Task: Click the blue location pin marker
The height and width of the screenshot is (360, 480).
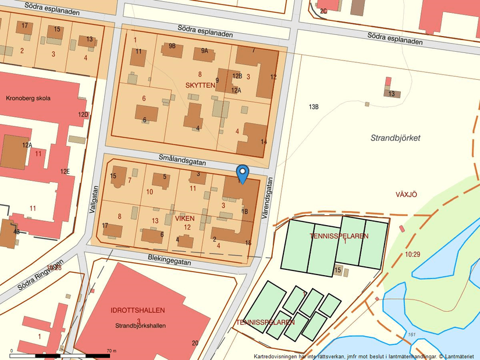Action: point(243,173)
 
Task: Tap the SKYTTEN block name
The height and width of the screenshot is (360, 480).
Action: point(200,85)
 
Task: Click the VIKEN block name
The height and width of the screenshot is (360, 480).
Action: point(184,218)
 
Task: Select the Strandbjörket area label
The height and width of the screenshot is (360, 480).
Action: point(396,138)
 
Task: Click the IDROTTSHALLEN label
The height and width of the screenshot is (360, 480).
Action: point(138,310)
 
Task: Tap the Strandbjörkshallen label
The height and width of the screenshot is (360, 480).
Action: point(140,326)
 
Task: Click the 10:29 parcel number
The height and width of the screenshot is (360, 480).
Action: point(413,254)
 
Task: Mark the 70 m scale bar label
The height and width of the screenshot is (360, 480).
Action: point(111,351)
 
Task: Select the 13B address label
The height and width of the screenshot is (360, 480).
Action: point(314,107)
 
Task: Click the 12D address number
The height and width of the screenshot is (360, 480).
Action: point(84,115)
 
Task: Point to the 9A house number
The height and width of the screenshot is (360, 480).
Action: point(204,51)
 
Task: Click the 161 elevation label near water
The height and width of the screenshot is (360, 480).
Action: point(411,334)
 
